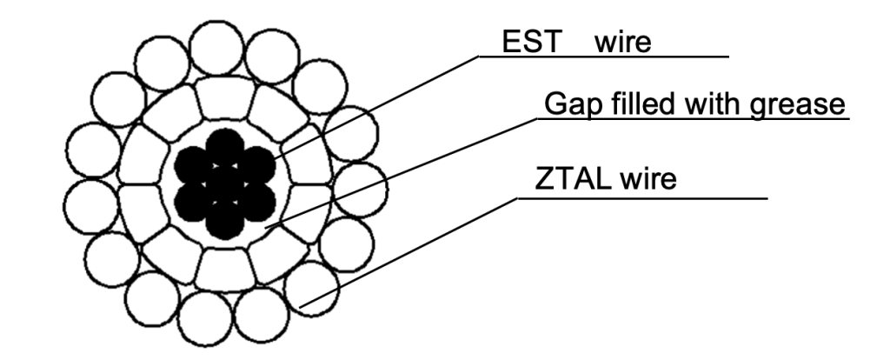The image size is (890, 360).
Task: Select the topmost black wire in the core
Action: click(225, 146)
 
